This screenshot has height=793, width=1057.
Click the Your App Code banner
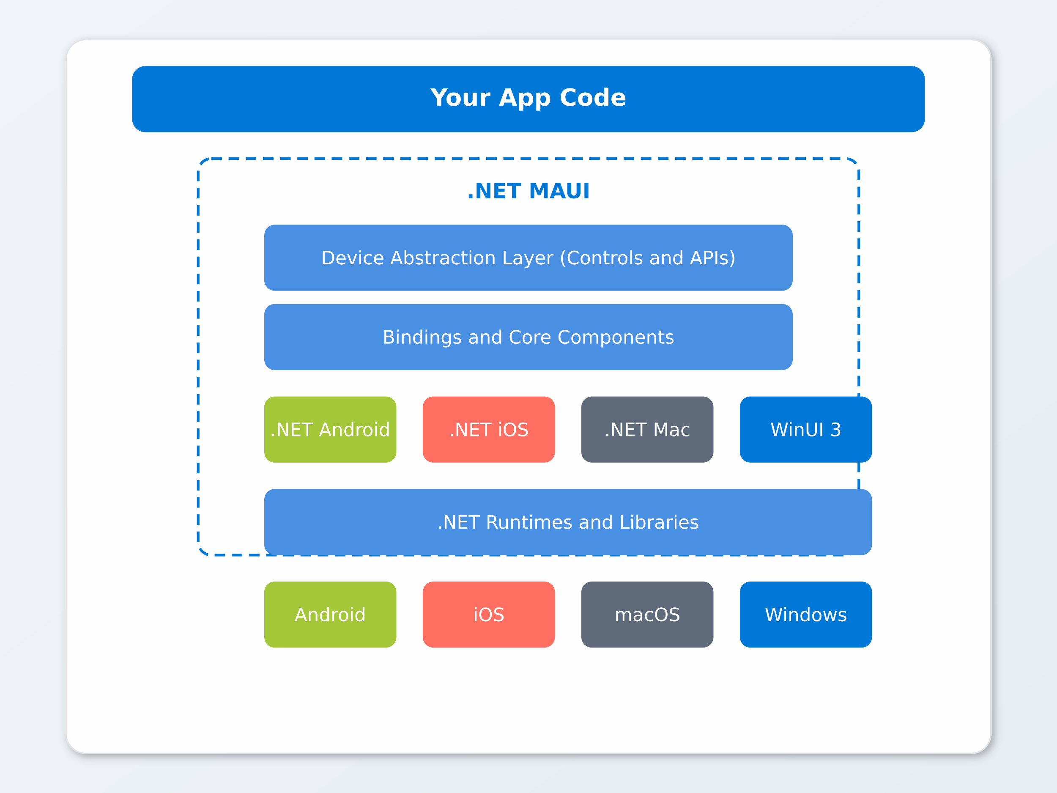528,99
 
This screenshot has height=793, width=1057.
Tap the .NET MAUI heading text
528,191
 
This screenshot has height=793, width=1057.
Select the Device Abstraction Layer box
528,258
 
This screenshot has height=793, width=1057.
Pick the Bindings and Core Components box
528,337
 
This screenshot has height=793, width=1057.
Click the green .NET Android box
330,429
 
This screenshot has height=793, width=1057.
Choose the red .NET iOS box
488,429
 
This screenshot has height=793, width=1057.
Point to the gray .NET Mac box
647,429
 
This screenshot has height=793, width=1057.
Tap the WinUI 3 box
806,429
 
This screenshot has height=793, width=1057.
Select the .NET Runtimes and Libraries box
568,522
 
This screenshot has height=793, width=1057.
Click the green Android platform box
330,614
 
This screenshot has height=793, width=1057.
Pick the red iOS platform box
488,614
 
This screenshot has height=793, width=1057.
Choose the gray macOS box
647,614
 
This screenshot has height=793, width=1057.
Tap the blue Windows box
806,614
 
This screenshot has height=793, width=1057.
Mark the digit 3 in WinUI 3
836,430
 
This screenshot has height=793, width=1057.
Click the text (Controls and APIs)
647,258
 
